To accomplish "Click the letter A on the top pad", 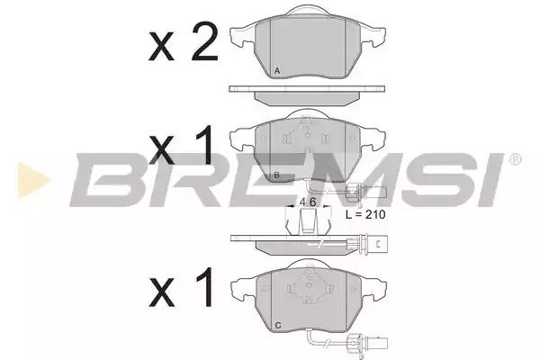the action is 277,71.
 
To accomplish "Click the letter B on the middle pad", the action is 277,175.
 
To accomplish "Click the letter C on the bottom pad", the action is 278,325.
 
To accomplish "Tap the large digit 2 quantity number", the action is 205,41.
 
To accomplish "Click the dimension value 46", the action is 307,202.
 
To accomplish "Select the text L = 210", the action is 365,214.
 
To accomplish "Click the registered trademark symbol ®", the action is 515,159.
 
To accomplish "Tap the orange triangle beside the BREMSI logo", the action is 34,180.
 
